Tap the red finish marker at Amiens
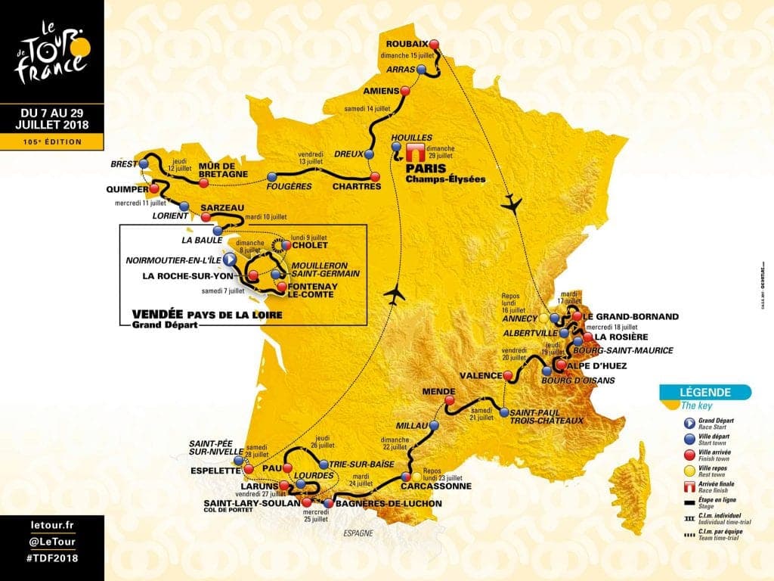[x=405, y=91]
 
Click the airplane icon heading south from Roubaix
[x=512, y=203]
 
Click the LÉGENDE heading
[x=705, y=392]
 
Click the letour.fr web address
[x=49, y=524]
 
